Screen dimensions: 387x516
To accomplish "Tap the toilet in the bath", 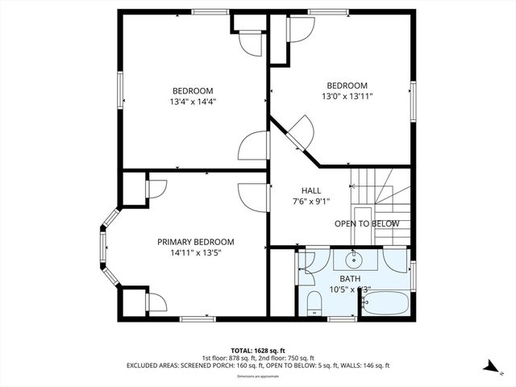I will point(314,303).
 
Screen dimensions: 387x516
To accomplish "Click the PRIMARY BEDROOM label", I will point(195,242).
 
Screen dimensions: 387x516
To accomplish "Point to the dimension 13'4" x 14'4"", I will point(193,102).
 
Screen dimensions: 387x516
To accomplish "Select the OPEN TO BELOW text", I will point(367,223).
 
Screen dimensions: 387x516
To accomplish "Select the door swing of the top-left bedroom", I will point(253,146).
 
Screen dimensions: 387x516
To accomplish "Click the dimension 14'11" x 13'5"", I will point(195,253).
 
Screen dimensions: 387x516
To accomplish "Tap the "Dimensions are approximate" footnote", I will point(257,376).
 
